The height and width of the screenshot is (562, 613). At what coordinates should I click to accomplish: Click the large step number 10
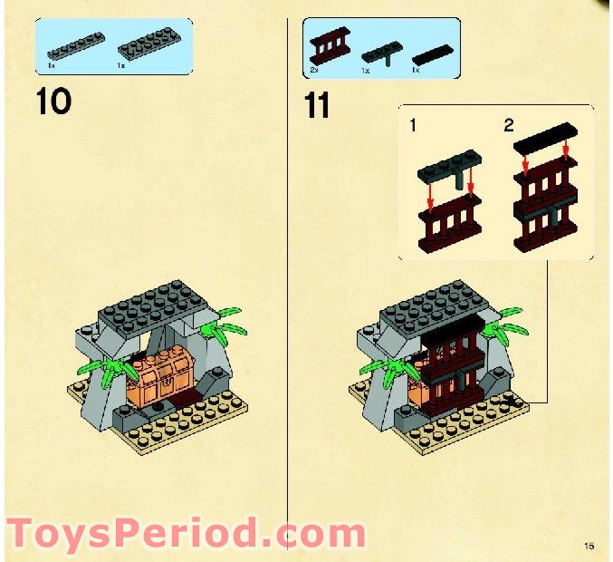coord(54,101)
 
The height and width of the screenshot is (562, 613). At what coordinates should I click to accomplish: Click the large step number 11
coord(317,105)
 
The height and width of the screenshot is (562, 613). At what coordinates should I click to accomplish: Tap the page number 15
coord(589,546)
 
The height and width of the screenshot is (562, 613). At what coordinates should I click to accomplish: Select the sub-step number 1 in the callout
coord(413,126)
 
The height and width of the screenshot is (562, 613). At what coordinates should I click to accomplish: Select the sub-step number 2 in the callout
coord(509,126)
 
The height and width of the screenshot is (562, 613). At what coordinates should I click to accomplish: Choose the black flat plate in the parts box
coord(432,53)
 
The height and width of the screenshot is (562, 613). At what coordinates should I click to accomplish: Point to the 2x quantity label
coord(314,70)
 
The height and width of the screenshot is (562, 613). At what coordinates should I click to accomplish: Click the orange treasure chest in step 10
coord(159,372)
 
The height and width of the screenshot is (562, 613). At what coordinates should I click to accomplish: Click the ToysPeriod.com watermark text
coord(186,533)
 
